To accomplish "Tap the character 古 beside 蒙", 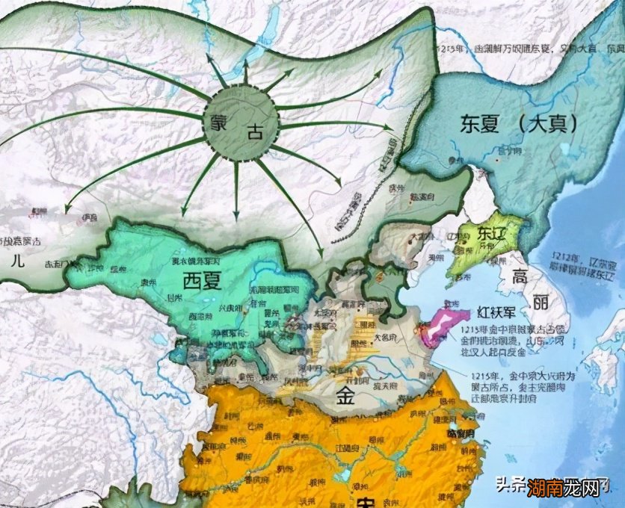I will click(256, 132).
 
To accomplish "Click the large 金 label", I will click(345, 396).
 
